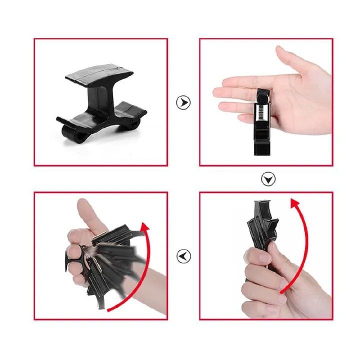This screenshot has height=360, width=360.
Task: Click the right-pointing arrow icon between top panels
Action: [183, 102]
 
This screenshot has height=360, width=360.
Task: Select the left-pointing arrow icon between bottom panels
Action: [183, 256]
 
